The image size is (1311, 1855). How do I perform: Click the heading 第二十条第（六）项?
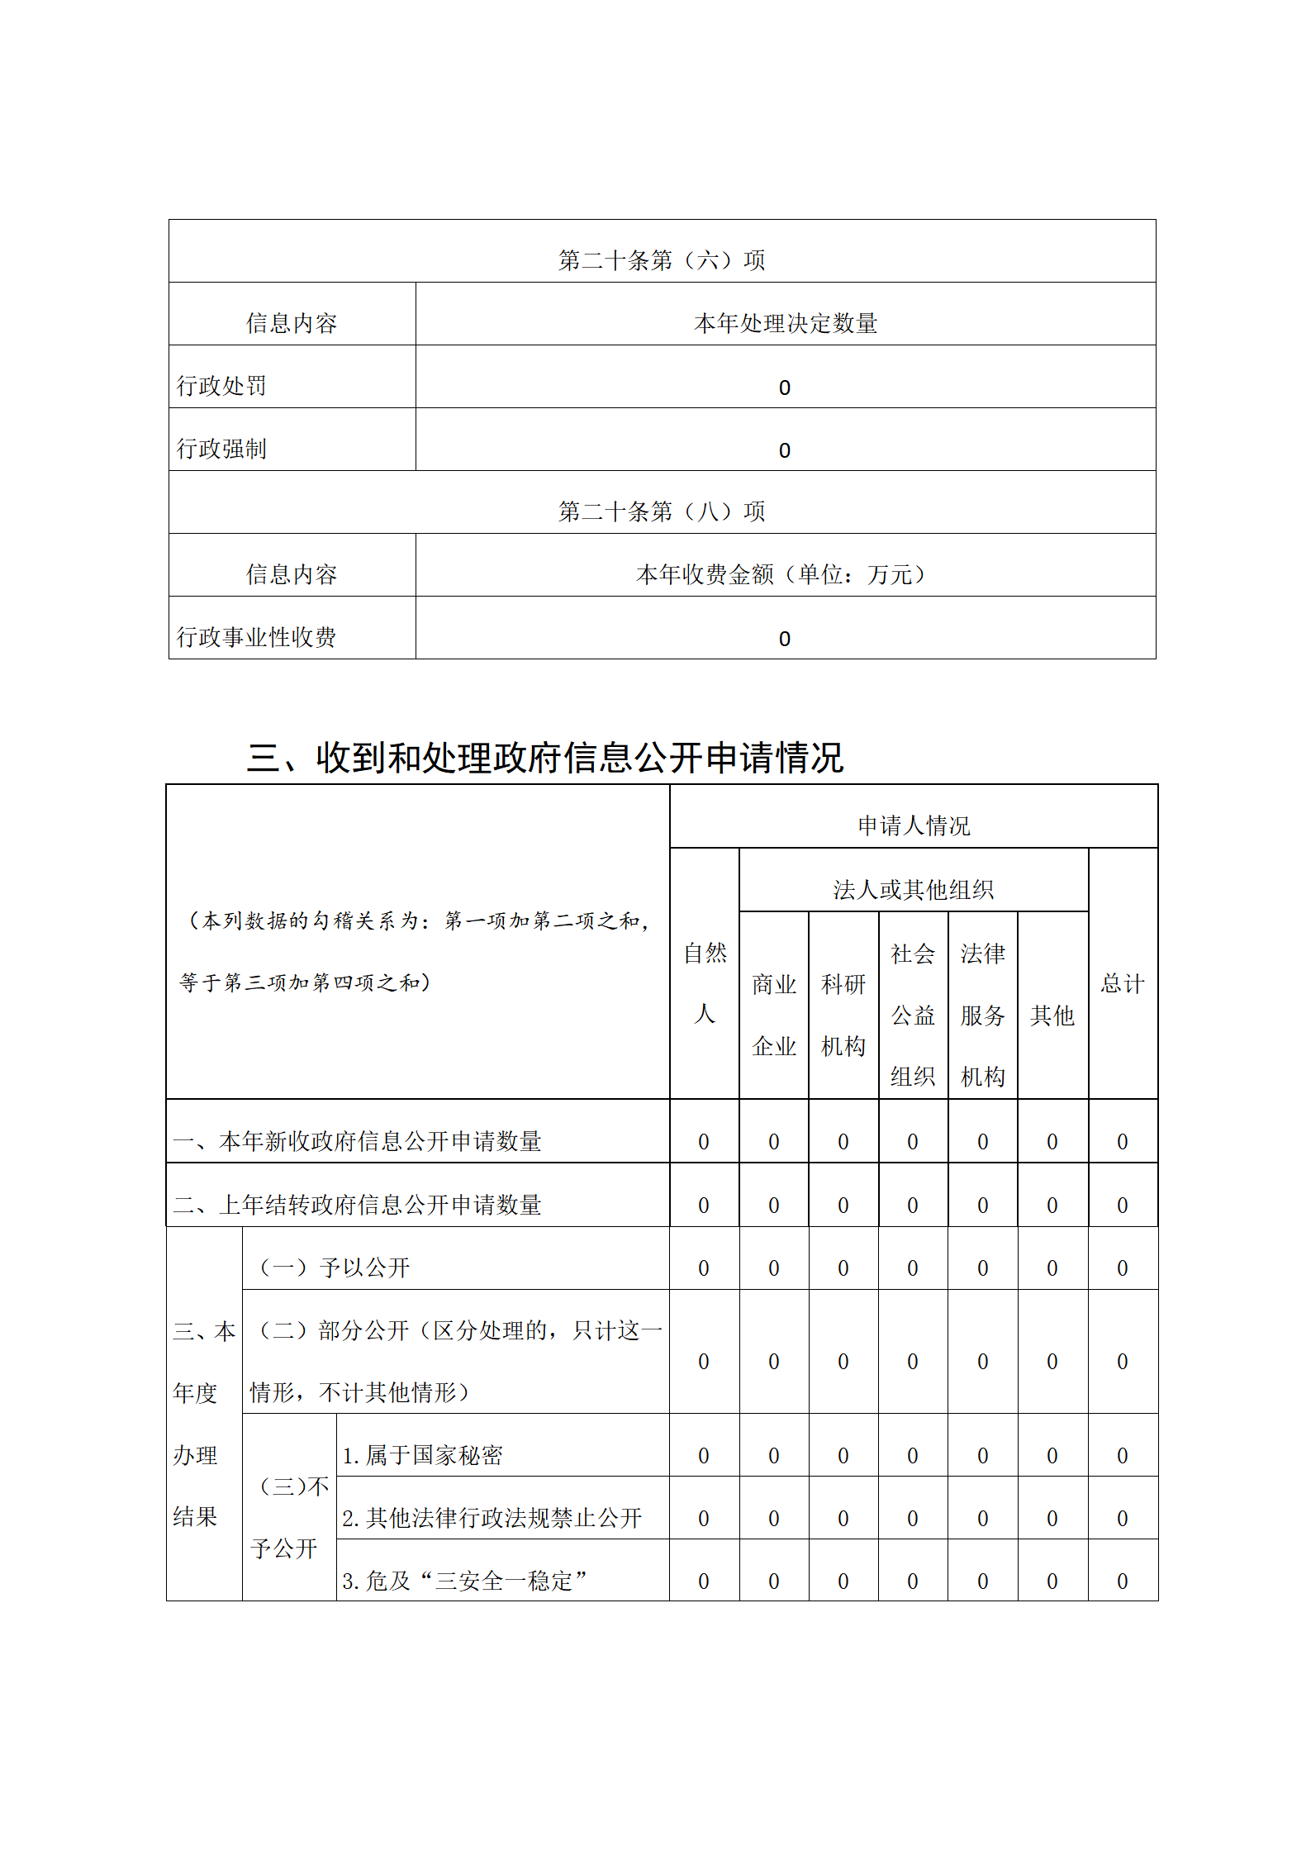[x=662, y=260]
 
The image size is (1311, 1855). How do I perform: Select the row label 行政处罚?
[x=221, y=386]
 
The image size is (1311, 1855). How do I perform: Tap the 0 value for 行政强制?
[x=785, y=450]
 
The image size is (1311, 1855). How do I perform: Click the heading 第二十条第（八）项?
[x=662, y=511]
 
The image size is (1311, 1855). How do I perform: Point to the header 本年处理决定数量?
[x=785, y=323]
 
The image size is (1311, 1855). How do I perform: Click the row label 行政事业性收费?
[x=256, y=637]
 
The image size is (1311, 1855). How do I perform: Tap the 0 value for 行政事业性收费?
[x=785, y=639]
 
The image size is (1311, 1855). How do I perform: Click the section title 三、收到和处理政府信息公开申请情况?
[x=545, y=757]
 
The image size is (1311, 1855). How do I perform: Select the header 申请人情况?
[x=914, y=825]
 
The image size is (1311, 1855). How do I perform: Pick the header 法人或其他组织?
[x=914, y=890]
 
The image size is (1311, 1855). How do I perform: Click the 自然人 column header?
[x=705, y=983]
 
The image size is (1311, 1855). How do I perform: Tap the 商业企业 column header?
[x=774, y=1015]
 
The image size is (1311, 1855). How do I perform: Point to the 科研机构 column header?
[x=843, y=1015]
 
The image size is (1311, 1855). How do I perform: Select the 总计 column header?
[x=1123, y=983]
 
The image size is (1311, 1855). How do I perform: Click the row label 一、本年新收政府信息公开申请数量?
[x=357, y=1141]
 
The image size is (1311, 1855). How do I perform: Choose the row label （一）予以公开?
[x=335, y=1268]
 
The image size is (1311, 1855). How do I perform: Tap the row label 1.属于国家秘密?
[x=422, y=1455]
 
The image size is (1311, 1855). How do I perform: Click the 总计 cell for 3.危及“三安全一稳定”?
[x=1123, y=1581]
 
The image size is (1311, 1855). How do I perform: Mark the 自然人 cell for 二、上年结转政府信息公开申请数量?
[x=704, y=1206]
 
